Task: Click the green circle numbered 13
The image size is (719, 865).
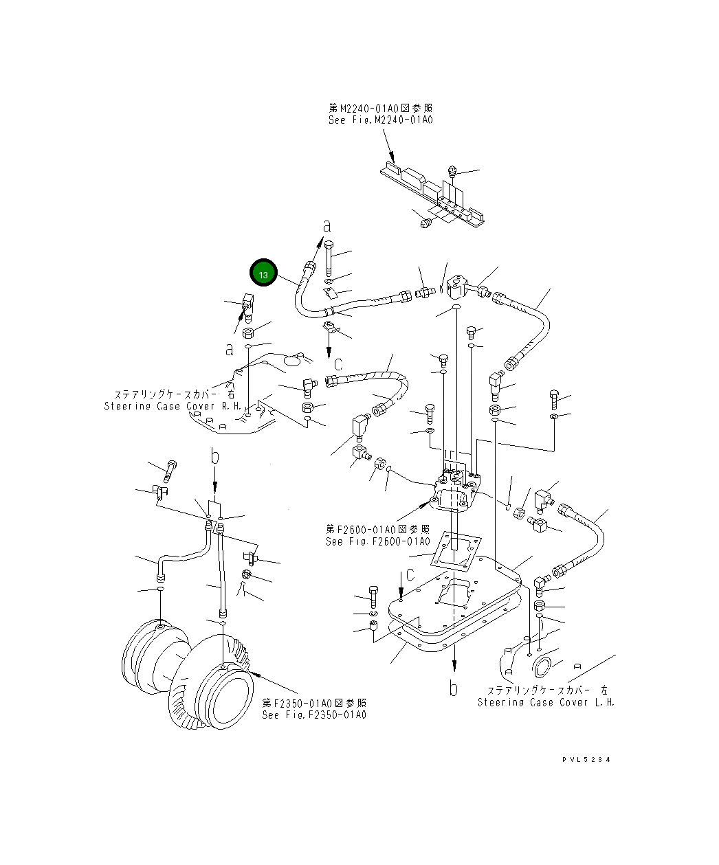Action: click(263, 273)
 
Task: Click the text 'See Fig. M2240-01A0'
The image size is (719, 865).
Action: click(380, 120)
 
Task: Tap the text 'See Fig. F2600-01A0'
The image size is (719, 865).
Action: click(377, 541)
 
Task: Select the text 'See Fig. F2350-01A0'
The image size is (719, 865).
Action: click(314, 715)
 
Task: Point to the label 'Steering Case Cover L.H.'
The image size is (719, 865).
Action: click(546, 702)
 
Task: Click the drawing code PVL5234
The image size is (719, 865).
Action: click(586, 759)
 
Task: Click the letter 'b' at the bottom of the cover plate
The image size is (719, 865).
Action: click(453, 688)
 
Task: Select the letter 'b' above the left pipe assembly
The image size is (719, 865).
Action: click(214, 456)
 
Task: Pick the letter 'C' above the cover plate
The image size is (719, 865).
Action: click(410, 574)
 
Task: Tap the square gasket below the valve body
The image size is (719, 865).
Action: click(454, 553)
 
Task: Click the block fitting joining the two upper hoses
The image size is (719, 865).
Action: click(455, 287)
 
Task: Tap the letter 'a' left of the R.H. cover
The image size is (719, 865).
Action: click(229, 349)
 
